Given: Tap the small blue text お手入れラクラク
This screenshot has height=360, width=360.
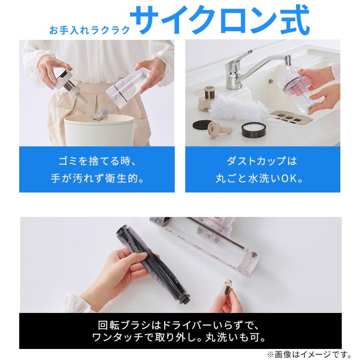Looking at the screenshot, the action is click(x=89, y=30).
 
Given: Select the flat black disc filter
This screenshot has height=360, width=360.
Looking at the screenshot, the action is click(x=201, y=125).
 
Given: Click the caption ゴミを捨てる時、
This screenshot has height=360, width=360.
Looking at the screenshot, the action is click(x=97, y=161).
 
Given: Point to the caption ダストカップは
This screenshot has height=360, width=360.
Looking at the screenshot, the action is click(x=262, y=161).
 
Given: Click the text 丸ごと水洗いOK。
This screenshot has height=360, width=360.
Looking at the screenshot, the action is click(x=259, y=178).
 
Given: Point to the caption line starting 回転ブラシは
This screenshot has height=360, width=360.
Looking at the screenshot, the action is click(x=179, y=325).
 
